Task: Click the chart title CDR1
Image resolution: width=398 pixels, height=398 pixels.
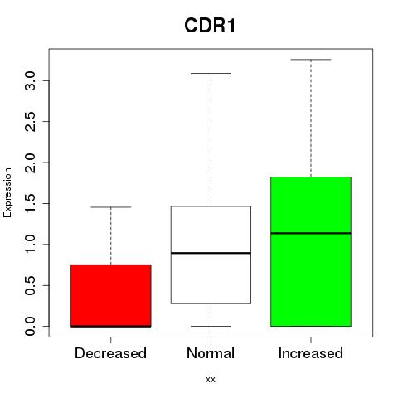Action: (x=210, y=26)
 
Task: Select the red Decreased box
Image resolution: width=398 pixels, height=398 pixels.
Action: (x=111, y=296)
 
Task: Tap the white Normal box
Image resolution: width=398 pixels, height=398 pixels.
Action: (x=211, y=255)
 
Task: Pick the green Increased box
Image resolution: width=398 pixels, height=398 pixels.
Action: (x=311, y=251)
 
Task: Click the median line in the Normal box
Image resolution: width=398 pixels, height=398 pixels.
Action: (x=211, y=253)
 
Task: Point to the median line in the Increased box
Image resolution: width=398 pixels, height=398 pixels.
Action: (x=311, y=233)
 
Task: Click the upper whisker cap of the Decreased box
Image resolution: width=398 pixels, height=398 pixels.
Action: (x=111, y=207)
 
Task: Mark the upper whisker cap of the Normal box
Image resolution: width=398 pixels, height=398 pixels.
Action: (x=211, y=73)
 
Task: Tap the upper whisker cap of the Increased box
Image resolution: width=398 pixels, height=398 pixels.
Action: (x=311, y=60)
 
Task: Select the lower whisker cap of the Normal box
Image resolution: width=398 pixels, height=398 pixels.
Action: (x=211, y=326)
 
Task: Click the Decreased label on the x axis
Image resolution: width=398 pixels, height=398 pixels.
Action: (x=110, y=353)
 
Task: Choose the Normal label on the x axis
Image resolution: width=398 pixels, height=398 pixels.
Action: (x=211, y=353)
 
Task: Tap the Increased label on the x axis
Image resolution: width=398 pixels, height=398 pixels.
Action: (x=311, y=353)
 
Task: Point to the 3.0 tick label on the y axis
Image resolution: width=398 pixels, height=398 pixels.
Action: (x=30, y=80)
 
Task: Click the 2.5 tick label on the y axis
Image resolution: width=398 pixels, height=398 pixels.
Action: (x=30, y=122)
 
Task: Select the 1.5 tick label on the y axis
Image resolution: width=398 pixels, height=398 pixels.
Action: (x=30, y=203)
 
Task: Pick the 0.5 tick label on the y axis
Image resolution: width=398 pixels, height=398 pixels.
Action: (x=30, y=285)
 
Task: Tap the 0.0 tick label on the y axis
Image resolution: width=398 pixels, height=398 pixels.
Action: (x=30, y=326)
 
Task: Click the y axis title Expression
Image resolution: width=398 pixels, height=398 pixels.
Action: (x=7, y=192)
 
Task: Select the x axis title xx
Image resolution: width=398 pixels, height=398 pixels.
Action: (x=211, y=380)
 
